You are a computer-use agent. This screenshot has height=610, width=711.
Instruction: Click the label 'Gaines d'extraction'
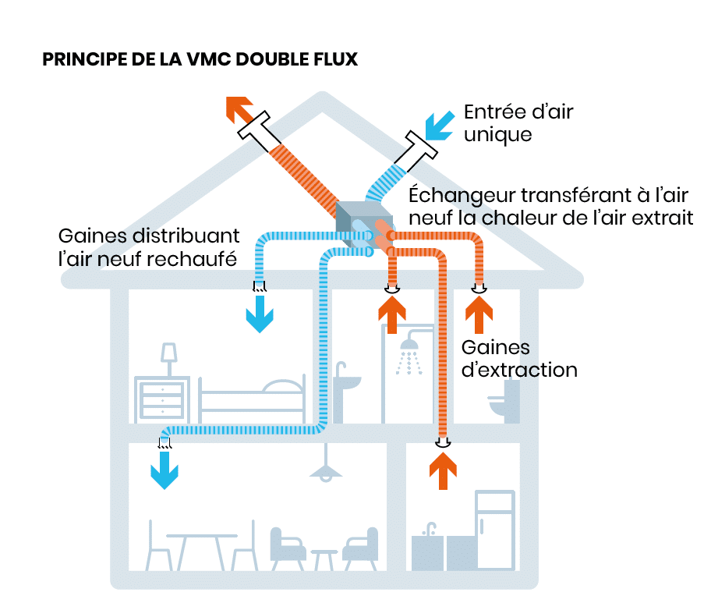(x=519, y=358)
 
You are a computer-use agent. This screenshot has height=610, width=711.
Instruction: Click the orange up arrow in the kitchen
(x=443, y=472)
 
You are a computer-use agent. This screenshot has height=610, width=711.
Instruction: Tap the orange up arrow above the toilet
(x=479, y=315)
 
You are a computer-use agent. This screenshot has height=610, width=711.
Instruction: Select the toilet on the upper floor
(x=504, y=402)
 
